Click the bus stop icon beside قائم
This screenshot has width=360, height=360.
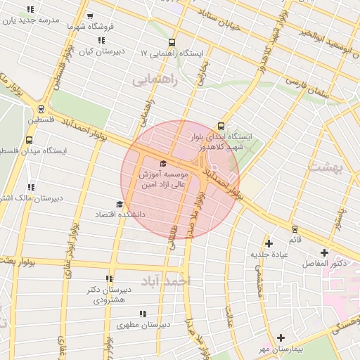point(295,229)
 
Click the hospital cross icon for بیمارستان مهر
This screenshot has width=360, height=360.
point(281,338)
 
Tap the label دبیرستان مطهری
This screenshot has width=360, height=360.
point(145,326)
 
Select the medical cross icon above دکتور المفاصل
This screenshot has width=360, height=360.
point(324,252)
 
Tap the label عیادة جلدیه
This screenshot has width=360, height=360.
point(269,255)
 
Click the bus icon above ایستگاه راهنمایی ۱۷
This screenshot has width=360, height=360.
point(173,43)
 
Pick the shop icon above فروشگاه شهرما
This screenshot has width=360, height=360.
point(89,15)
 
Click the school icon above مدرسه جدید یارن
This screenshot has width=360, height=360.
point(30,11)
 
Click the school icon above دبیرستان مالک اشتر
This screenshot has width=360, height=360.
point(30,187)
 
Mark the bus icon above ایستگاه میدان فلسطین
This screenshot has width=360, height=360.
point(30,139)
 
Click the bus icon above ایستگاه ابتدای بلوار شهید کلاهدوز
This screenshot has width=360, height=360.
point(222,127)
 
